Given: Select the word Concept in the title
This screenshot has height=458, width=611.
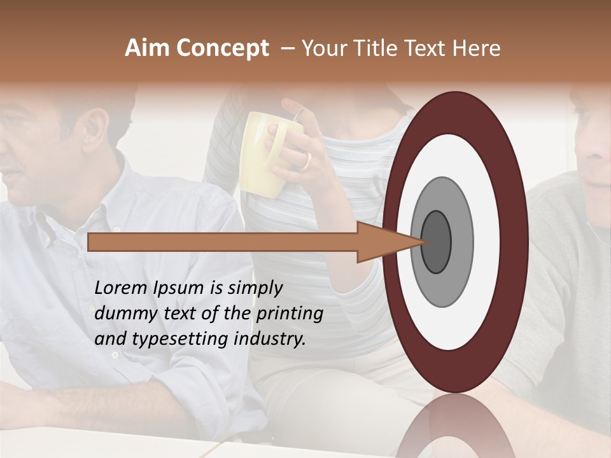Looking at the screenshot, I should (x=222, y=49).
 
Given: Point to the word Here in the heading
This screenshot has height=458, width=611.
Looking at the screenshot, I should (x=477, y=48).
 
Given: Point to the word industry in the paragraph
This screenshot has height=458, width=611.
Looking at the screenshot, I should (x=269, y=339).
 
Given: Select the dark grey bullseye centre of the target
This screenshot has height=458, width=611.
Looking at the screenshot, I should (x=437, y=242).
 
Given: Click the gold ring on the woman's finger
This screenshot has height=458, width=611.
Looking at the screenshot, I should (x=307, y=161).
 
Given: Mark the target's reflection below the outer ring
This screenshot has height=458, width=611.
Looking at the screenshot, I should (x=456, y=426).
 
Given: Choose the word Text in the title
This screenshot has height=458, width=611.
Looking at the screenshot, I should (x=428, y=48).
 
